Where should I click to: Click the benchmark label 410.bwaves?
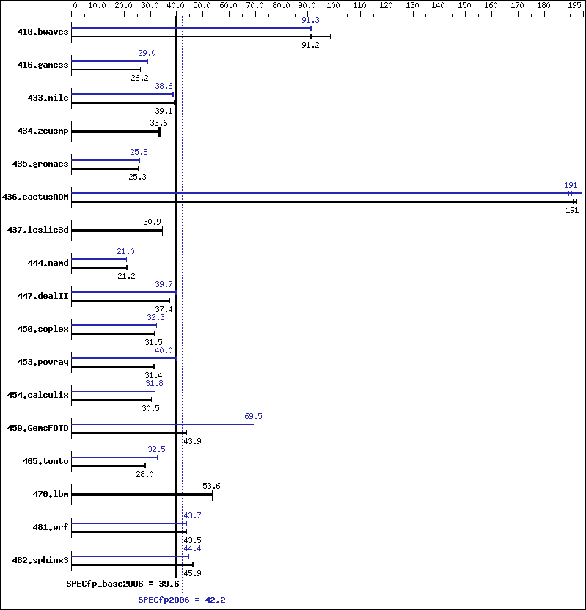coord(43,32)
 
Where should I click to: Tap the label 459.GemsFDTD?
coord(37,428)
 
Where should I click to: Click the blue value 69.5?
coord(253,416)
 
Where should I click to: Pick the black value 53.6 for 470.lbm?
coord(211,486)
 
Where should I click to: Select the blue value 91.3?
coord(310,20)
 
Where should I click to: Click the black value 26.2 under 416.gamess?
coord(139,78)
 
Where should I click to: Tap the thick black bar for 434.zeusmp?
coord(115,131)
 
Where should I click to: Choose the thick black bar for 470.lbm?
coord(142,495)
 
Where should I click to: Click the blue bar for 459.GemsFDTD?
coord(163,424)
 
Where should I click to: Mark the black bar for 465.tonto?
coord(109,465)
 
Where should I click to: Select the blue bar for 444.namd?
coord(99,259)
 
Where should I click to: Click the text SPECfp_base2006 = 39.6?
coord(122,584)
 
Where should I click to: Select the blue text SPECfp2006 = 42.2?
coord(181,600)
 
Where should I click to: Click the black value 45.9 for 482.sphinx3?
coord(192,573)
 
